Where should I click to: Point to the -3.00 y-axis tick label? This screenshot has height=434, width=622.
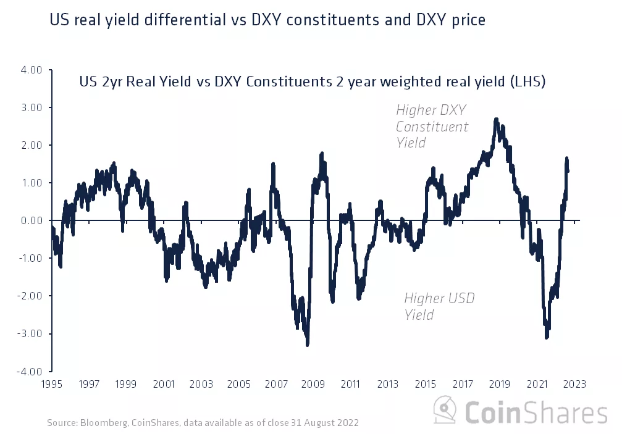click(30, 334)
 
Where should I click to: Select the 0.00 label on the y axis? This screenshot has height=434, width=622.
click(32, 220)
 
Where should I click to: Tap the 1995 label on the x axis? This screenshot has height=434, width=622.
click(52, 384)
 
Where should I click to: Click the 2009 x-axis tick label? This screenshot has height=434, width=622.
click(313, 384)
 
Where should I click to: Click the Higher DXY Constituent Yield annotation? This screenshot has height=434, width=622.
click(432, 127)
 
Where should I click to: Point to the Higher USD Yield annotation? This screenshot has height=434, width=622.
click(439, 307)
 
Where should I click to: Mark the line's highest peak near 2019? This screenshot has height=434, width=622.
click(496, 119)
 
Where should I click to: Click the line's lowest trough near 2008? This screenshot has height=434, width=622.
click(307, 344)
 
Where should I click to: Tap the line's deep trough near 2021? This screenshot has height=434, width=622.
click(546, 337)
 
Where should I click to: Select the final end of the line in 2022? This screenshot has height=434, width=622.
click(568, 171)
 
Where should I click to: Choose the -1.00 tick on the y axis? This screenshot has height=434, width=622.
click(30, 258)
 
